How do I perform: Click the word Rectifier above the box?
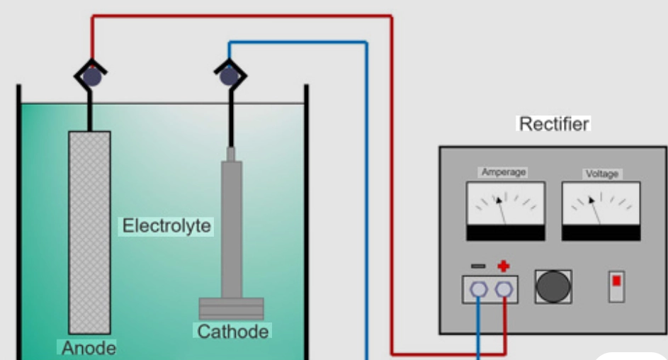coord(554,124)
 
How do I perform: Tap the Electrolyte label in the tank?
coord(166,227)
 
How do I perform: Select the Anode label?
coord(89,348)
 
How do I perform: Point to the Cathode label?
coord(233,331)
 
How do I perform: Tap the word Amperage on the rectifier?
coord(504,172)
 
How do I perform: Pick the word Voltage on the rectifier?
coord(601,174)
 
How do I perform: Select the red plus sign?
coord(504,266)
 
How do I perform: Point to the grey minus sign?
coord(478,266)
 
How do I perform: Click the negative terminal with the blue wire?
coord(479,289)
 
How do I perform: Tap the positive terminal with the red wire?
coord(504,289)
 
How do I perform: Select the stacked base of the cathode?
coord(231,308)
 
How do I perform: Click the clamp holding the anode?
coord(92,74)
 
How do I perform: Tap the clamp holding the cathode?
coord(229,74)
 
